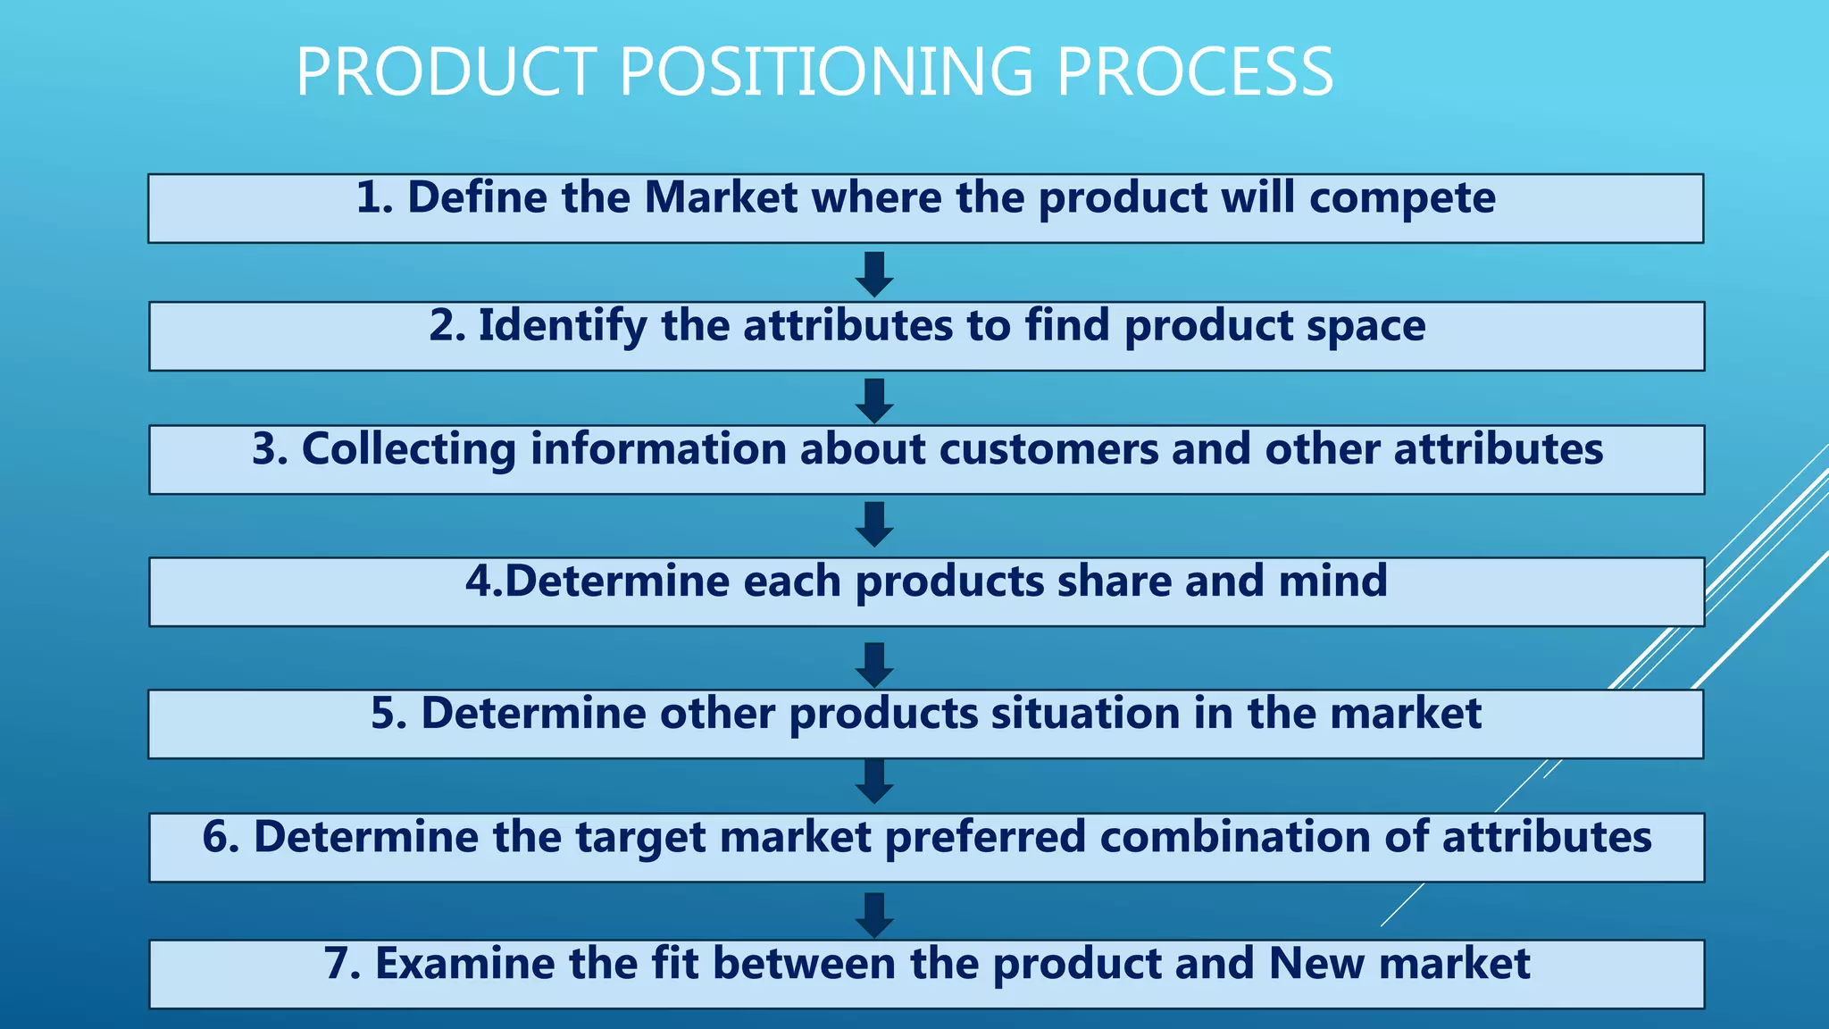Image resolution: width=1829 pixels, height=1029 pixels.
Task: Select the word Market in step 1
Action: [721, 197]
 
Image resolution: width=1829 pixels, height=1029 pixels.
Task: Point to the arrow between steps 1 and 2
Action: [874, 273]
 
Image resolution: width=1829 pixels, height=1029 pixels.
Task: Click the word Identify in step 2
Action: [563, 326]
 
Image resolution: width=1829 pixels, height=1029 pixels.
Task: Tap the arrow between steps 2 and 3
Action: [874, 400]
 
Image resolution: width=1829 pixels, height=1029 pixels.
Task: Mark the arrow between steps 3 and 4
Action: [874, 523]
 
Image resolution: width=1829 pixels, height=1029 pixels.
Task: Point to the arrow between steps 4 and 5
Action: [874, 665]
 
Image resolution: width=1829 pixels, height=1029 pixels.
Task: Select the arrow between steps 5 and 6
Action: [874, 782]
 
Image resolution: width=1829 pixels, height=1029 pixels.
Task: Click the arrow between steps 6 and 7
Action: [874, 915]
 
